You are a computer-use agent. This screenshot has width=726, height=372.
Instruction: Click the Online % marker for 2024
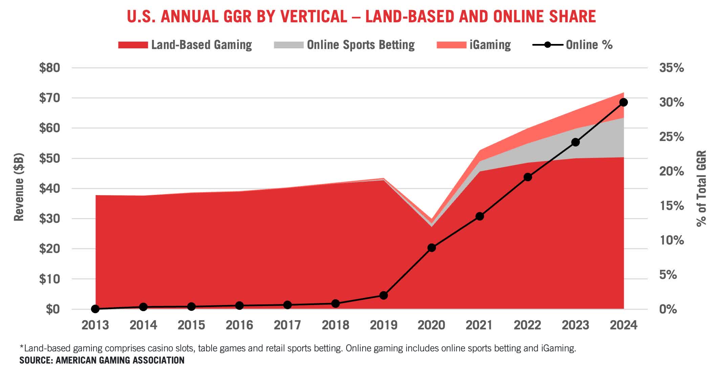click(623, 102)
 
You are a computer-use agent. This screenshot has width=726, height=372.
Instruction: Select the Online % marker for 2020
click(431, 248)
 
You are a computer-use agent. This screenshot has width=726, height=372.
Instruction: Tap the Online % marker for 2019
click(383, 295)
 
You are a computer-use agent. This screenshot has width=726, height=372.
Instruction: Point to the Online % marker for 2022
click(528, 177)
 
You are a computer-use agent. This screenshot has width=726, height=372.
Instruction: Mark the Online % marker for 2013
click(95, 309)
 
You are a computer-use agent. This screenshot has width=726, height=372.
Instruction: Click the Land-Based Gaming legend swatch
click(133, 45)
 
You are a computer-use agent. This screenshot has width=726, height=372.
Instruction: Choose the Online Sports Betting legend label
click(360, 45)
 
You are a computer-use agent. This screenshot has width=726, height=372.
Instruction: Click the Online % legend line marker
click(547, 45)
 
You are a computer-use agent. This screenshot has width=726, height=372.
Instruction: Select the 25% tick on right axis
click(672, 137)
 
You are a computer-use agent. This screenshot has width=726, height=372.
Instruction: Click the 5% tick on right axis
click(668, 275)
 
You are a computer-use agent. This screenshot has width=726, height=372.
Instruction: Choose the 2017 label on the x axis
click(287, 325)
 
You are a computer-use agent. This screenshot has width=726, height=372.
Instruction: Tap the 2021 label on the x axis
click(479, 325)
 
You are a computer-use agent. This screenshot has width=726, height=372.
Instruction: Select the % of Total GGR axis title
click(701, 188)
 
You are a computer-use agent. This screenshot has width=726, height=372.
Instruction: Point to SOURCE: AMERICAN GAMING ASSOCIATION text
click(102, 360)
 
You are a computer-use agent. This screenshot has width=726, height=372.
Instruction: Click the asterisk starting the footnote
click(22, 347)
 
